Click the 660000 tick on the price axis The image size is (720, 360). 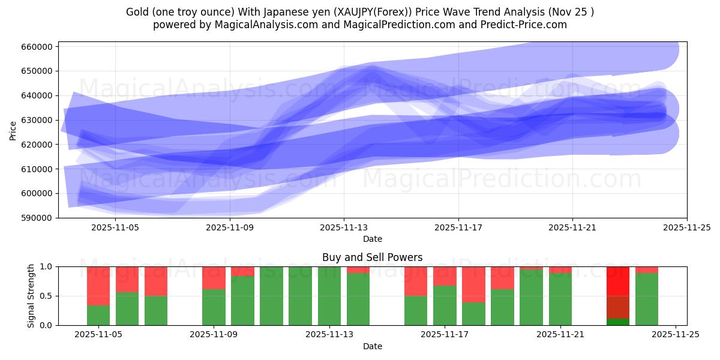[x=37, y=47]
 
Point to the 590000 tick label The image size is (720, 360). [x=37, y=218]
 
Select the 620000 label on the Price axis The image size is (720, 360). [x=37, y=145]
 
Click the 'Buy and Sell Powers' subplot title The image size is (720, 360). [x=372, y=257]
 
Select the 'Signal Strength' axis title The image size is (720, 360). [x=31, y=296]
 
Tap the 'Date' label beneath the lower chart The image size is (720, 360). [x=372, y=346]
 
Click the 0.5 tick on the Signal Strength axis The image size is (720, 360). [x=46, y=296]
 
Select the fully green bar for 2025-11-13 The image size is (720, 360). [x=329, y=296]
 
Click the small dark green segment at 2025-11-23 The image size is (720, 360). [x=618, y=322]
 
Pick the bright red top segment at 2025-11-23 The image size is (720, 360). [x=618, y=281]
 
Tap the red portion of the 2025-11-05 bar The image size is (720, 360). [x=98, y=286]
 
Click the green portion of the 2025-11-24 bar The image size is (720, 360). [x=647, y=299]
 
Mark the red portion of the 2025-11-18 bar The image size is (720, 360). [x=473, y=284]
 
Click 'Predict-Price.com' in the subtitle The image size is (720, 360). [x=526, y=25]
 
